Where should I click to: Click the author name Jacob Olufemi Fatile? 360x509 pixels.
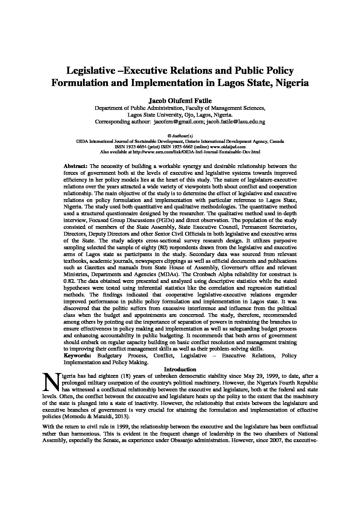(180, 101)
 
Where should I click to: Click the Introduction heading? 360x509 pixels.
(180, 369)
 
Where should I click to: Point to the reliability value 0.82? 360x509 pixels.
(69, 281)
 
